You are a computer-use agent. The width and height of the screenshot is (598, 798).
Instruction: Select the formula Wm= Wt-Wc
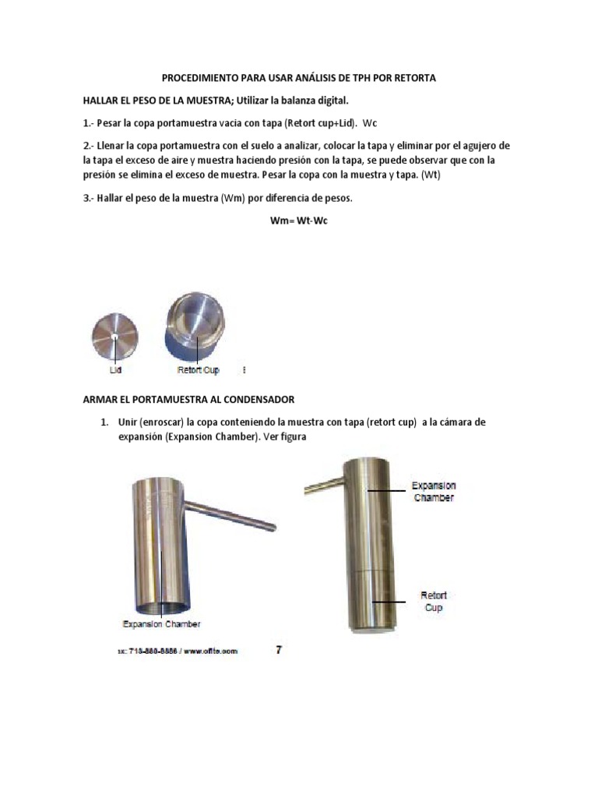tap(299, 221)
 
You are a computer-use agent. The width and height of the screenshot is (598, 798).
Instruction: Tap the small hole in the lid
tap(114, 337)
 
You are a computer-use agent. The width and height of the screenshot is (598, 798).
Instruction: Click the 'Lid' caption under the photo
tap(115, 370)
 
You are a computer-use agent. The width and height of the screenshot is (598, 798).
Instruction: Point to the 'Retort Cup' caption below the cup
tap(199, 370)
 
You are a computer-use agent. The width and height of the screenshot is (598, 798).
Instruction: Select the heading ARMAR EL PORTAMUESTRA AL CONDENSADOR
tap(188, 399)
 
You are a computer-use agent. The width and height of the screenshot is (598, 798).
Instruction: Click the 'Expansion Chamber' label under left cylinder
tap(162, 623)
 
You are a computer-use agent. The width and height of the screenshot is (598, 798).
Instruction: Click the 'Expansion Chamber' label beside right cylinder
tap(434, 491)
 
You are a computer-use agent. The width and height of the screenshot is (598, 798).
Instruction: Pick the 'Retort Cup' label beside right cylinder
tap(433, 601)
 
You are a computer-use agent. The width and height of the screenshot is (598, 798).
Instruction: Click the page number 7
tap(280, 649)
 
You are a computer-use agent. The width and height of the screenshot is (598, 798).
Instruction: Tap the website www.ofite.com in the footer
tap(213, 651)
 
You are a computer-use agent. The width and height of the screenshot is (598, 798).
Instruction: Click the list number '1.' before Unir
tap(103, 422)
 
